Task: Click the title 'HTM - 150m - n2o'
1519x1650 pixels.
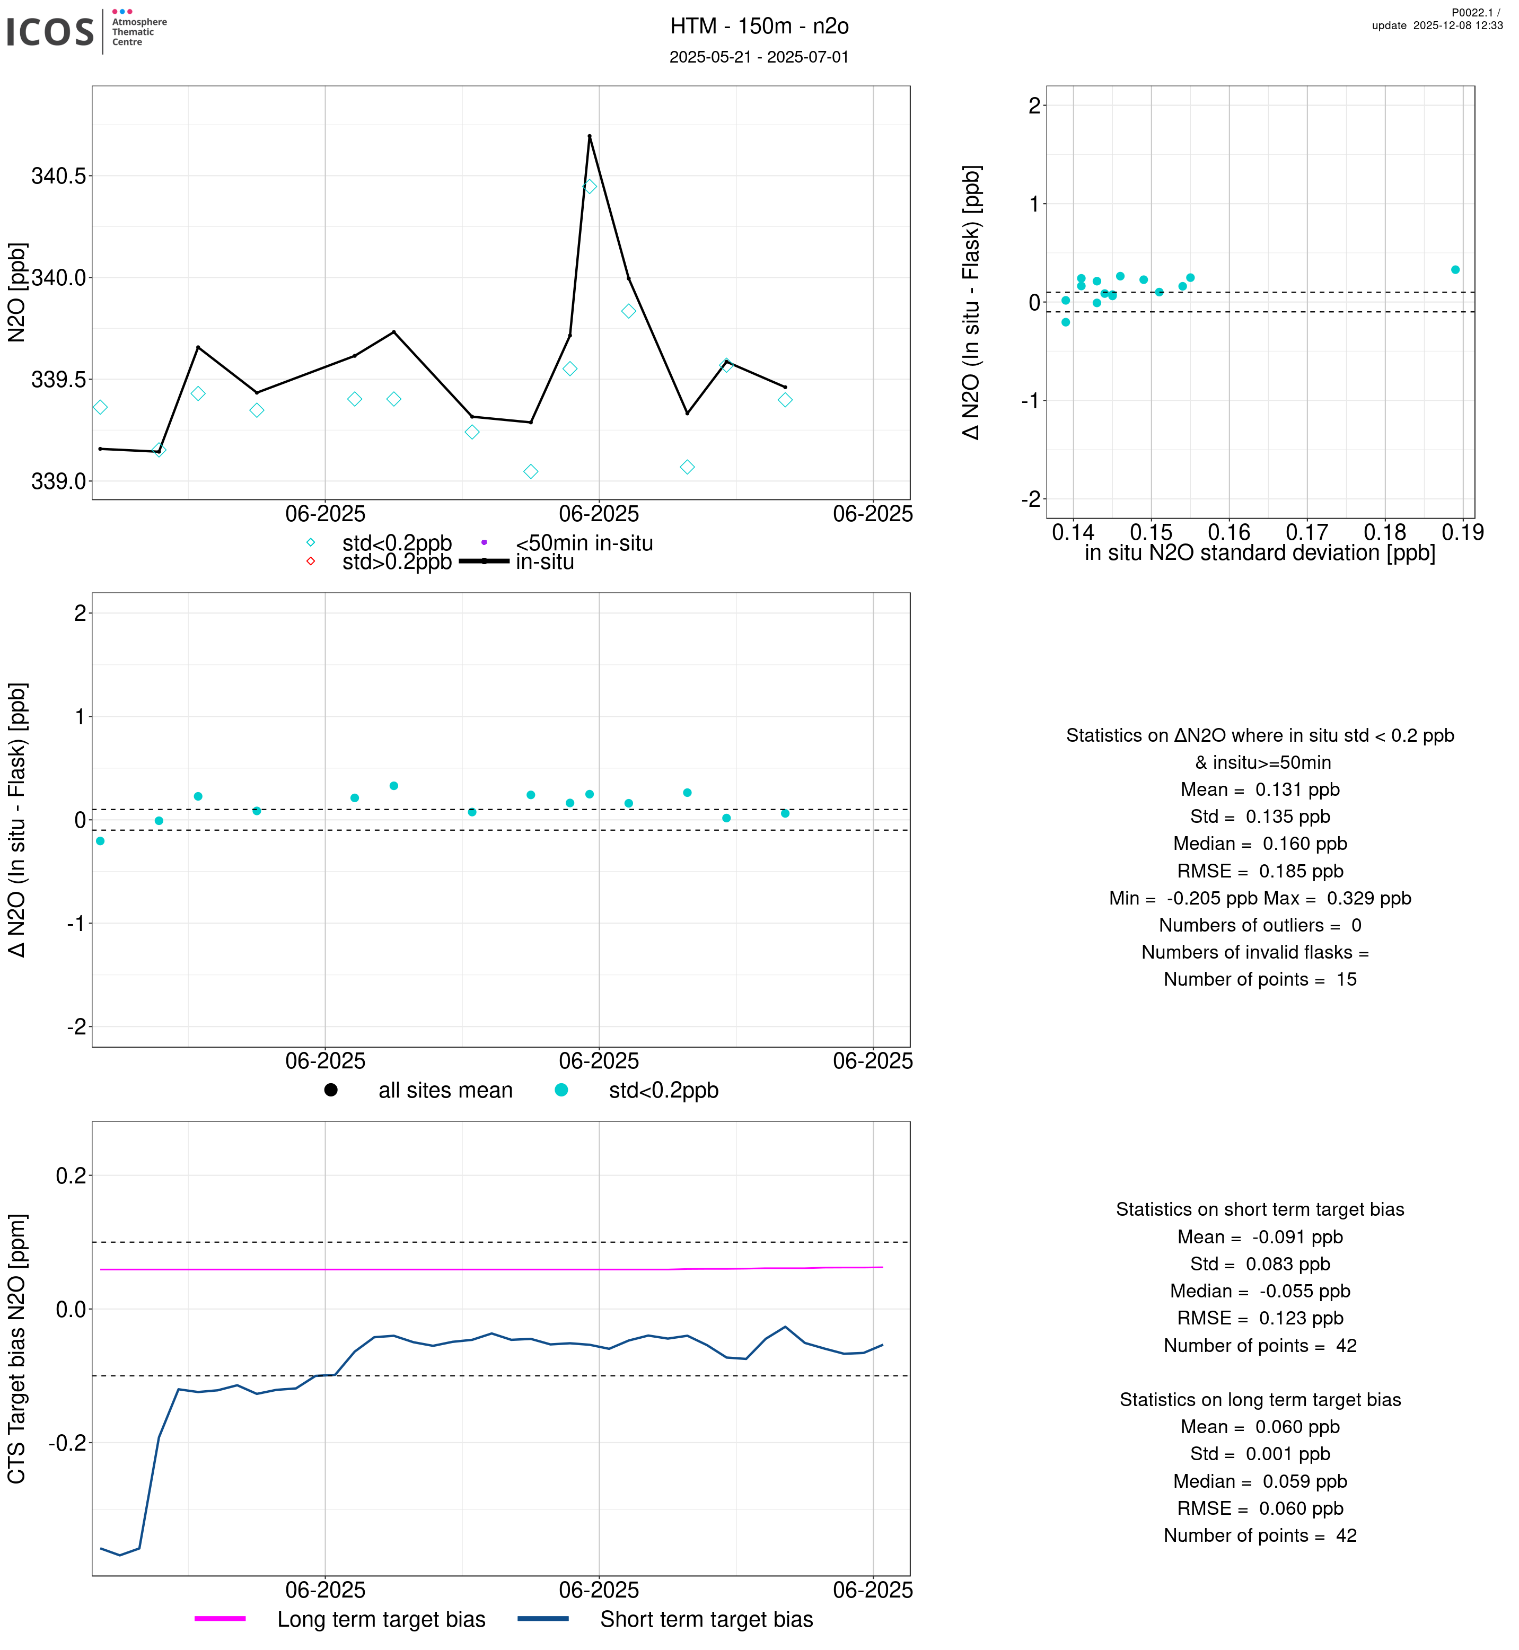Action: click(759, 27)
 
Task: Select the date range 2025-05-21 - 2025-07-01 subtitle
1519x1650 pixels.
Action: click(759, 57)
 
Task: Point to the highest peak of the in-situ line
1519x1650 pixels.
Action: click(590, 136)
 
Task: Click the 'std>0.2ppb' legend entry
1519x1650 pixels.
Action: click(396, 563)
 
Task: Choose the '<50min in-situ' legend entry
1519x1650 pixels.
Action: click(584, 543)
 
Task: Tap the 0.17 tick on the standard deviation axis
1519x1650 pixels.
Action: click(1307, 533)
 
